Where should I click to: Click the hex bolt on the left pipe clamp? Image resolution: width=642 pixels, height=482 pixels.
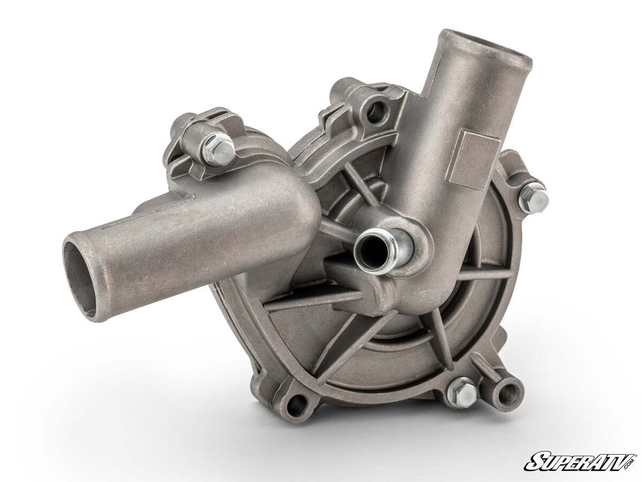(219, 148)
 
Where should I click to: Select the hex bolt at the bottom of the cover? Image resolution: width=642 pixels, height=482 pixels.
(461, 392)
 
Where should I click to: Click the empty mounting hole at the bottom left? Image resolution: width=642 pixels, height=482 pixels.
(297, 405)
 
